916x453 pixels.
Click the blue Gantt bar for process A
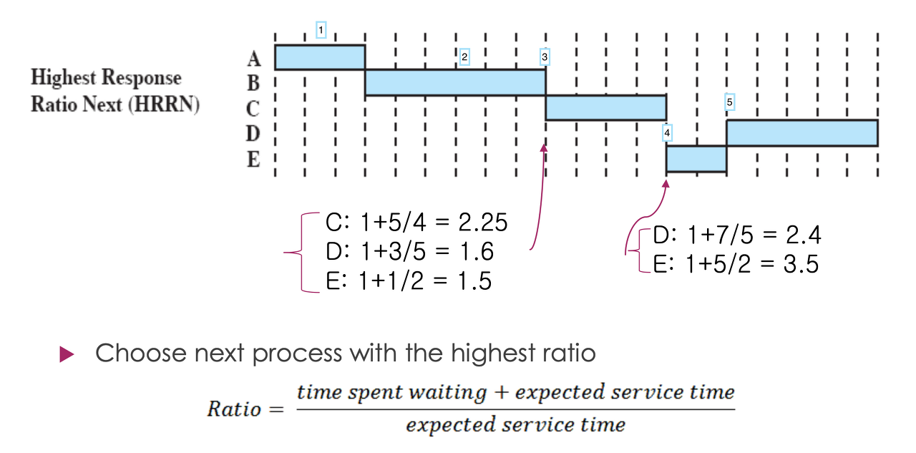[x=320, y=57]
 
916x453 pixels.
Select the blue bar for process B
[x=455, y=82]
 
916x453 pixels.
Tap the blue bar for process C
[x=605, y=107]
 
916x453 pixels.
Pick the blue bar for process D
[x=801, y=133]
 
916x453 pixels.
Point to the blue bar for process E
[x=696, y=159]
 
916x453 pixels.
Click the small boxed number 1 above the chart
[x=321, y=30]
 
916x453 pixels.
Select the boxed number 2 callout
[x=464, y=57]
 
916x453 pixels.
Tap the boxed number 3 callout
[x=545, y=56]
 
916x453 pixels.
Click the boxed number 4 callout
[x=667, y=132]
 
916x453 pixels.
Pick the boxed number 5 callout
[x=729, y=102]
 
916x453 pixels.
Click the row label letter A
[x=253, y=58]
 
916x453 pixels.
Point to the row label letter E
[x=253, y=159]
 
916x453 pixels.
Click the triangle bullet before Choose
[x=67, y=354]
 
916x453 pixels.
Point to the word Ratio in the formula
[x=234, y=409]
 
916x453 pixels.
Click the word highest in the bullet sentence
[x=491, y=353]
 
